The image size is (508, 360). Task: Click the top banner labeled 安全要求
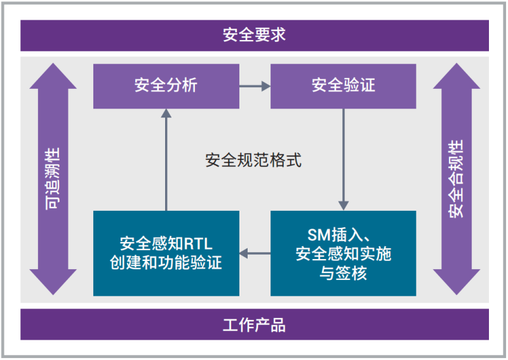coord(254,35)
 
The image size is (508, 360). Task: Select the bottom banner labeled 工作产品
coord(254,326)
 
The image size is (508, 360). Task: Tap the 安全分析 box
coord(166,86)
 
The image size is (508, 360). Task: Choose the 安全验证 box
coord(344,86)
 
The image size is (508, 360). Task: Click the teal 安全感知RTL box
coord(166,253)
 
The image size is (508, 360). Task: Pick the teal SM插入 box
coord(344,253)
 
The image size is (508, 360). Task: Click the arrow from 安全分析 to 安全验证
coord(255,86)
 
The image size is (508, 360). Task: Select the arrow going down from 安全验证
coord(344,159)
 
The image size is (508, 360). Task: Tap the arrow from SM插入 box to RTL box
coord(255,254)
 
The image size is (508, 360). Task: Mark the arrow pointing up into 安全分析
coord(166,159)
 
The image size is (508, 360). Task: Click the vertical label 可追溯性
coord(53,179)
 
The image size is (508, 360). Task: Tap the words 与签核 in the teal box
coord(344,273)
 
